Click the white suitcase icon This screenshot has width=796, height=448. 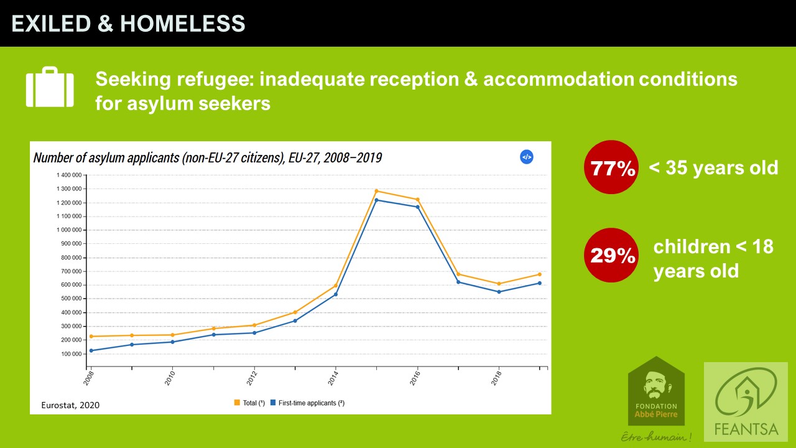coord(50,88)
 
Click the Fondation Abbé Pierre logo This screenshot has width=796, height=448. coord(656,392)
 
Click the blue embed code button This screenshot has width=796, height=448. coord(526,157)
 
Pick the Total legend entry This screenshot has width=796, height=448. coord(249,403)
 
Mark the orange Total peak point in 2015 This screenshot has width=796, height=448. coord(377,191)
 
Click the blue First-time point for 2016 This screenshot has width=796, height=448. coord(417,207)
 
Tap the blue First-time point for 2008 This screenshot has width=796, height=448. coord(91,350)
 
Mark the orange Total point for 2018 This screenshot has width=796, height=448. coord(499,284)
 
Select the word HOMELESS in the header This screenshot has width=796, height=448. coord(182,24)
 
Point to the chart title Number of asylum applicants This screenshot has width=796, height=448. coord(207,158)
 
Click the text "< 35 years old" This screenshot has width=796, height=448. coord(713,167)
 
